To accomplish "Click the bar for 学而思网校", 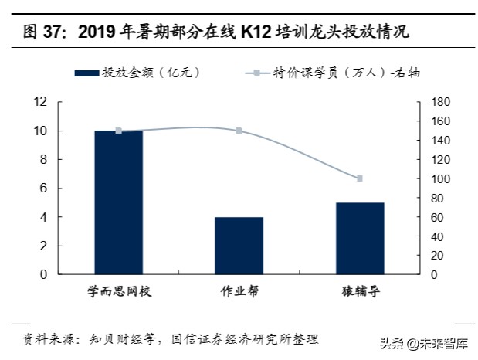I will pos(118,202).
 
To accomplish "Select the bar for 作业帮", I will pos(239,246).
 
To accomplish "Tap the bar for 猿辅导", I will pos(360,238).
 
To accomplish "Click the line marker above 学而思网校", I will pos(118,131).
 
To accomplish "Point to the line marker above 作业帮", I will pos(239,131).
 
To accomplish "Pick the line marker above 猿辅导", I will pos(360,178).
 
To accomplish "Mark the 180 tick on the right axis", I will pos(439,102).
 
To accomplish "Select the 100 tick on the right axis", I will pos(439,178).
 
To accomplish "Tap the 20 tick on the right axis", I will pos(437,256).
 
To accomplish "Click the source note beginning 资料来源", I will pos(170,339).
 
